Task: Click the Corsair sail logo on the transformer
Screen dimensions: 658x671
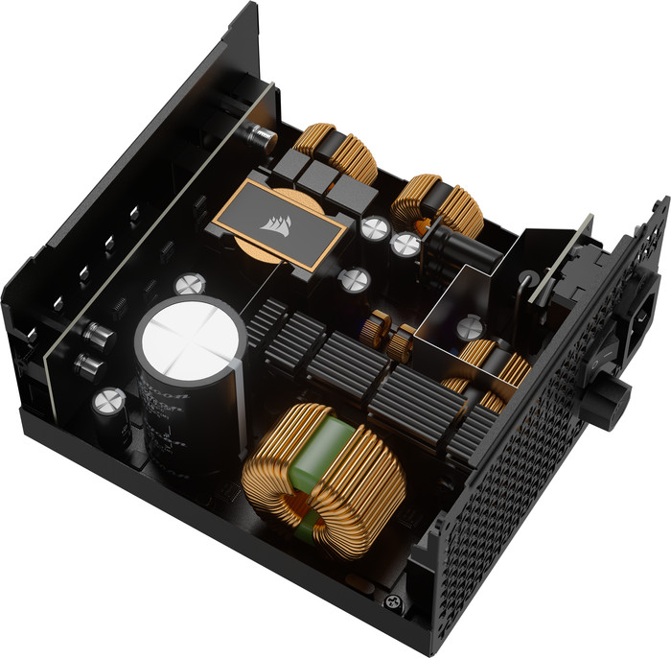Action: pos(271,223)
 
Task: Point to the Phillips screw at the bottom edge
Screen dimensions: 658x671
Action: pos(391,602)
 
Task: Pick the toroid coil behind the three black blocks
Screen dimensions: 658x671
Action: pos(335,153)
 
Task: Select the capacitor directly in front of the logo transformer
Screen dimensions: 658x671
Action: pos(356,279)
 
